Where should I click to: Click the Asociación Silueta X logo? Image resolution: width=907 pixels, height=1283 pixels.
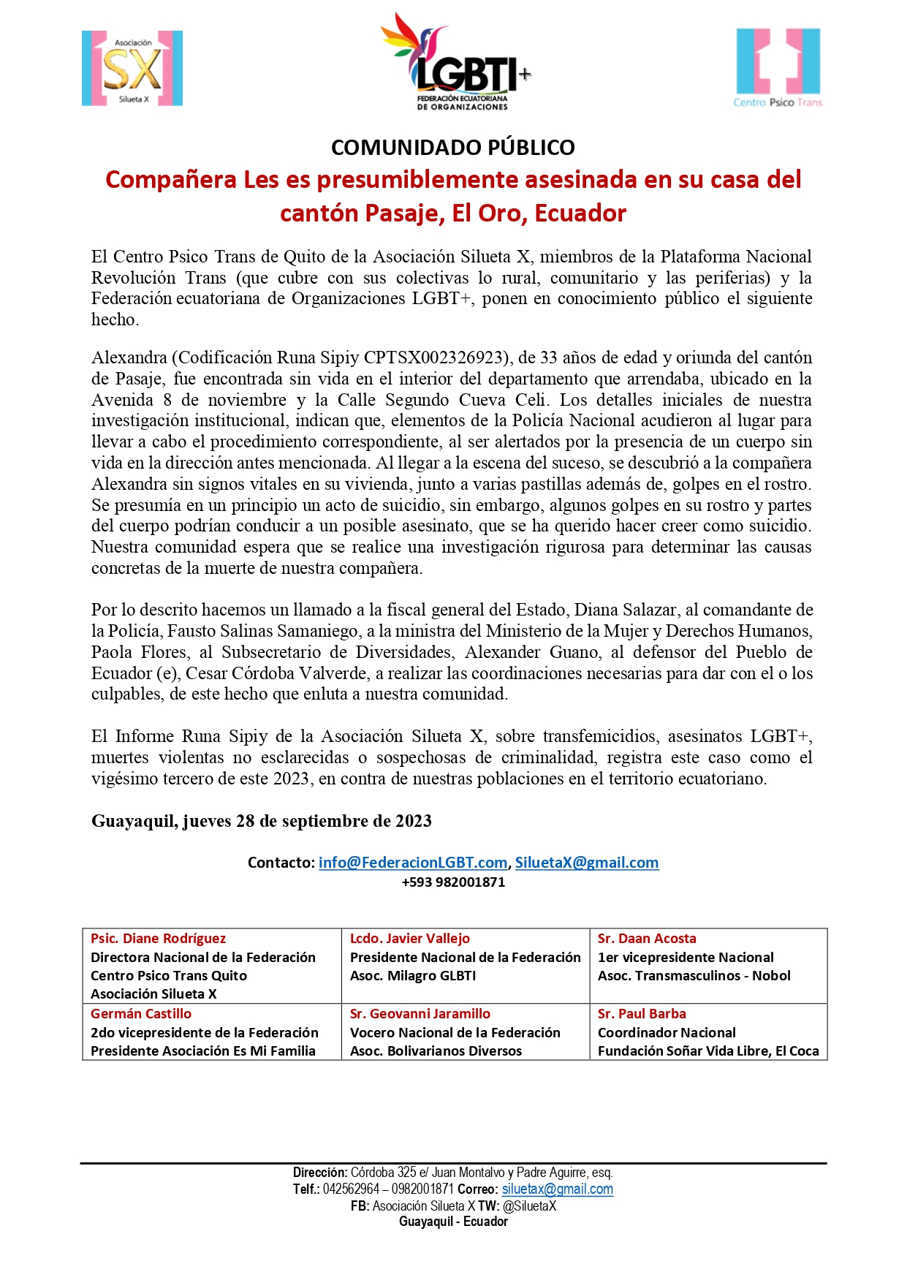click(132, 69)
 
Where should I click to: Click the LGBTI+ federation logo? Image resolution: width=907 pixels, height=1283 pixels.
click(455, 63)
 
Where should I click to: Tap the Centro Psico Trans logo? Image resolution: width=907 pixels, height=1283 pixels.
click(778, 68)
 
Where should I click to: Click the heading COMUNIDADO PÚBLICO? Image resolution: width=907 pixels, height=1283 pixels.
click(453, 147)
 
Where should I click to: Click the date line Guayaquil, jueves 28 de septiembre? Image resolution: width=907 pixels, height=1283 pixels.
click(261, 821)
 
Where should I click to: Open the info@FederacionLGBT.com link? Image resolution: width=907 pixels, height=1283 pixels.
click(412, 863)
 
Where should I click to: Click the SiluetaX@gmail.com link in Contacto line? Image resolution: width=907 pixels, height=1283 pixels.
click(587, 863)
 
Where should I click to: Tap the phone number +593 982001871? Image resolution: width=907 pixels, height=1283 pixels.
click(453, 882)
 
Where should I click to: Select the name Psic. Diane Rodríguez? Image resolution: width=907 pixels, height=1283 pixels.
click(158, 939)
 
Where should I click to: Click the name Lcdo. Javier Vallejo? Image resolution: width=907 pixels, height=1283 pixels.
click(409, 939)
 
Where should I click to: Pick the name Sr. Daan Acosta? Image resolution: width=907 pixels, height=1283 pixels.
click(647, 939)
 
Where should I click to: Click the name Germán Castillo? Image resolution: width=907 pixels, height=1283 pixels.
click(141, 1014)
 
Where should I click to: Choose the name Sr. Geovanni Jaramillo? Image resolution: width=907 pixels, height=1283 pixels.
click(420, 1014)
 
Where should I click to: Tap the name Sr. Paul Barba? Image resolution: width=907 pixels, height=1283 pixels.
click(642, 1014)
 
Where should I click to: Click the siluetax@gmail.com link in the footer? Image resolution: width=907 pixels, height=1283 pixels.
click(557, 1189)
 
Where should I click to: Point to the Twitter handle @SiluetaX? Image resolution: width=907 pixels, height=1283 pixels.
click(529, 1206)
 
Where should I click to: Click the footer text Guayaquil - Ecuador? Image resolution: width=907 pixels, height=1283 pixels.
click(453, 1222)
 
